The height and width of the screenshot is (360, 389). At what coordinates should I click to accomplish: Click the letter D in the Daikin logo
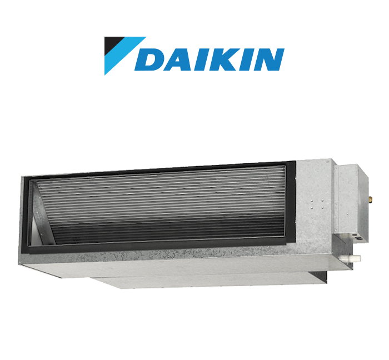[x=150, y=59]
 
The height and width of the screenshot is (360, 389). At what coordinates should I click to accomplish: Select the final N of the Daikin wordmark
[x=269, y=59]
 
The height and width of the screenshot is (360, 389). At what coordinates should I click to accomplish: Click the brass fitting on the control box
[x=370, y=199]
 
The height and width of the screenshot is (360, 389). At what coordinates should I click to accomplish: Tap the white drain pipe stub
[x=355, y=258]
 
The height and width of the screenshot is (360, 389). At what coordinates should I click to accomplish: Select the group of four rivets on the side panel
[x=317, y=203]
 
